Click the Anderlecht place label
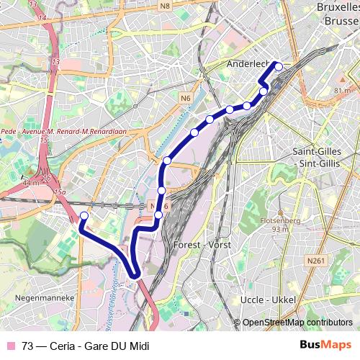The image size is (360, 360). click(x=247, y=63)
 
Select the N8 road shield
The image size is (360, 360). click(x=165, y=6)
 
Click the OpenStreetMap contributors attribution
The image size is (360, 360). click(x=297, y=323)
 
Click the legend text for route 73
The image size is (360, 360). click(x=85, y=346)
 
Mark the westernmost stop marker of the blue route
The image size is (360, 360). click(x=84, y=216)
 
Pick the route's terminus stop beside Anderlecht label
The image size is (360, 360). click(x=279, y=66)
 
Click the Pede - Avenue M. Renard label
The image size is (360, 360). click(x=54, y=132)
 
